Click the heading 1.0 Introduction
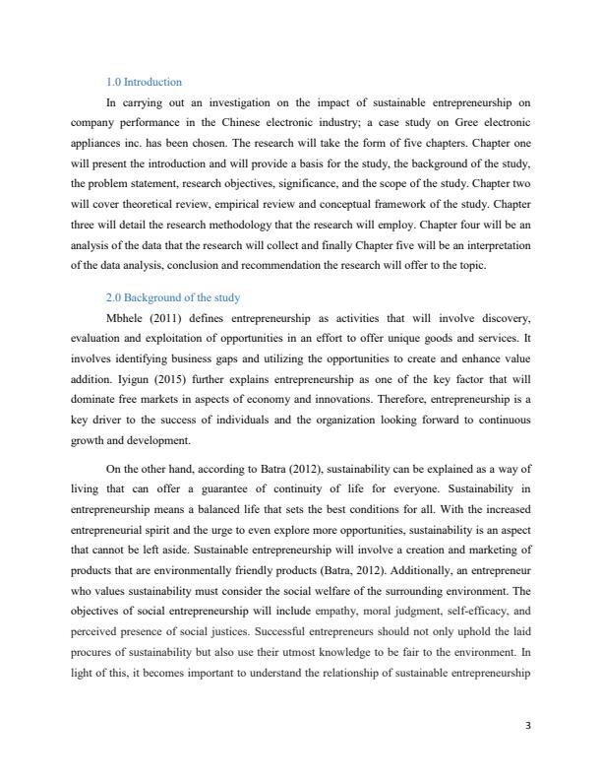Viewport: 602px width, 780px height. [144, 82]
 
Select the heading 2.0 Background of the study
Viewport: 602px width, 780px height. [173, 297]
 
